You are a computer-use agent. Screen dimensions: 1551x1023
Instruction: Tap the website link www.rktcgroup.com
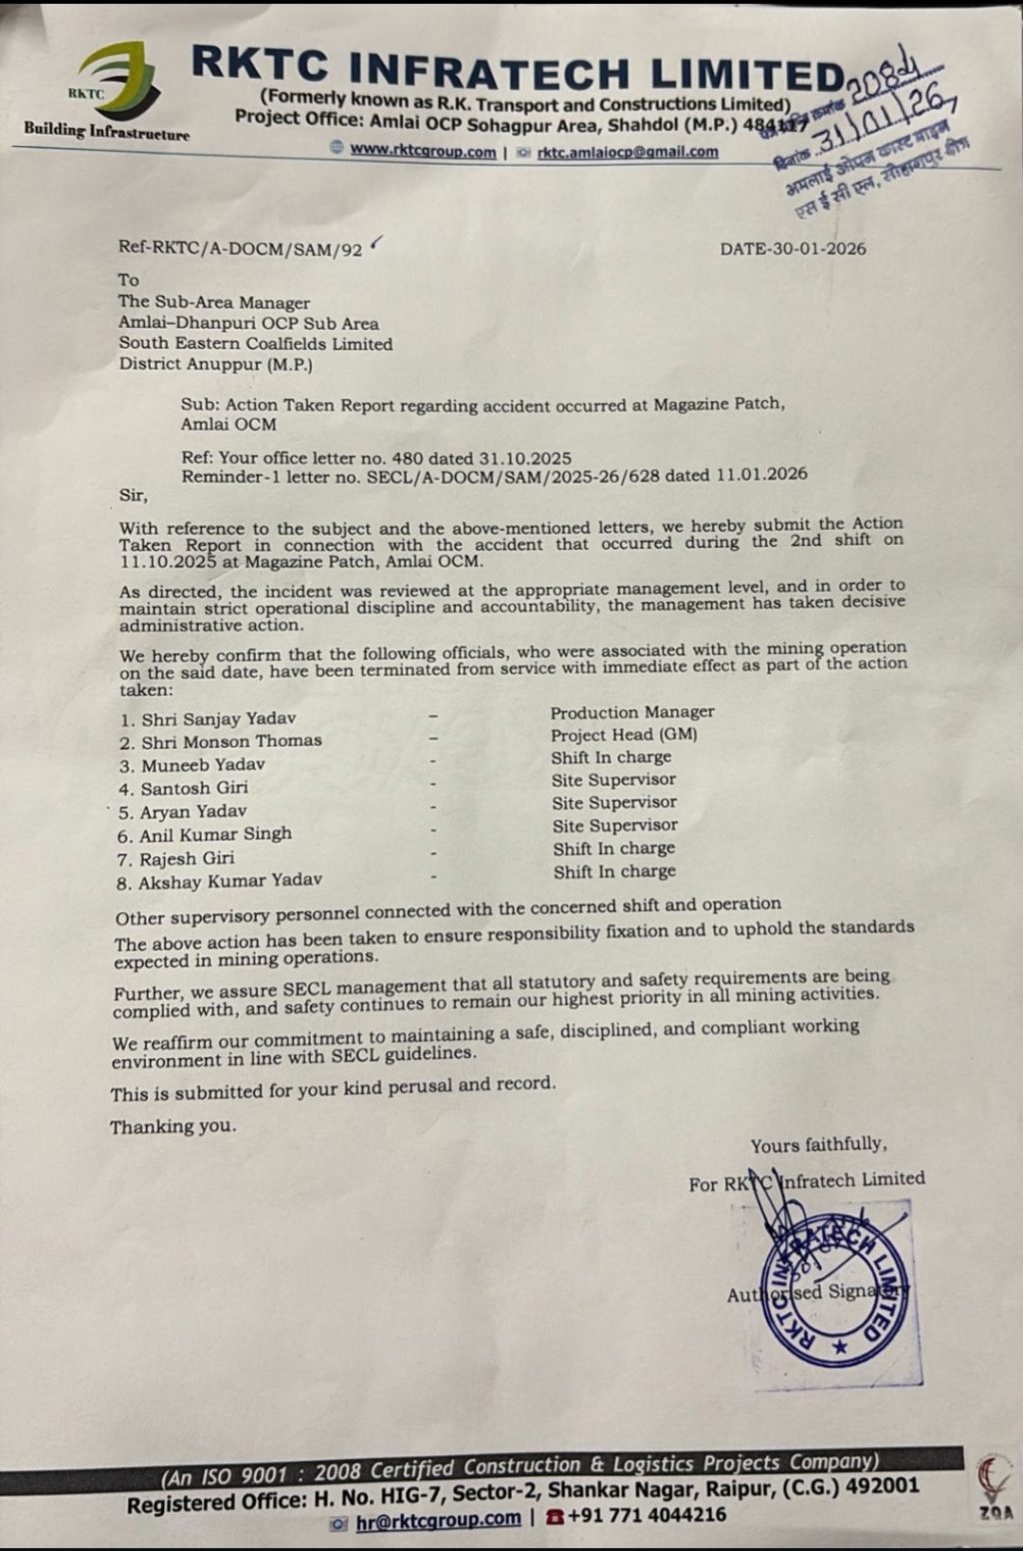423,152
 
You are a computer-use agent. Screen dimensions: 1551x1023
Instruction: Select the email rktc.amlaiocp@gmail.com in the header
627,152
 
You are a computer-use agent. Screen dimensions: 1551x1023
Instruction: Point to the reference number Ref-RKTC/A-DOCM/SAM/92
240,249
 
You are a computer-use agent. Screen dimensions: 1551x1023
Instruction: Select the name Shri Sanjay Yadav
218,719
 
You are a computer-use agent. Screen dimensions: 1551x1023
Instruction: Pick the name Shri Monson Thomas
231,742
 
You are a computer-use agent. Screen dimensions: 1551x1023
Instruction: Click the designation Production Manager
632,713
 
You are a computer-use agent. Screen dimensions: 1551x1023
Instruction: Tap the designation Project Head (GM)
624,735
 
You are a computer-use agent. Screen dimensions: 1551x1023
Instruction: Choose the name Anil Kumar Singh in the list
215,834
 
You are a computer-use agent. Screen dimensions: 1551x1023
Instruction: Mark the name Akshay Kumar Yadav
230,881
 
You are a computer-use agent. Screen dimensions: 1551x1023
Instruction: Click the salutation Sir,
133,495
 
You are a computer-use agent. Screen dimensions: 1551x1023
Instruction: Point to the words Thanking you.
173,1126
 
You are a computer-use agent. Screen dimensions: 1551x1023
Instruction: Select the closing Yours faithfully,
818,1144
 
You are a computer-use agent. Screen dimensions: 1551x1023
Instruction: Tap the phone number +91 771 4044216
646,1515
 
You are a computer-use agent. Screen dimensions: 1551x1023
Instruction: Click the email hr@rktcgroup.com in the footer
439,1519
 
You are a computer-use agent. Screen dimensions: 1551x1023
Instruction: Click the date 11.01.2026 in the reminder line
761,476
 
